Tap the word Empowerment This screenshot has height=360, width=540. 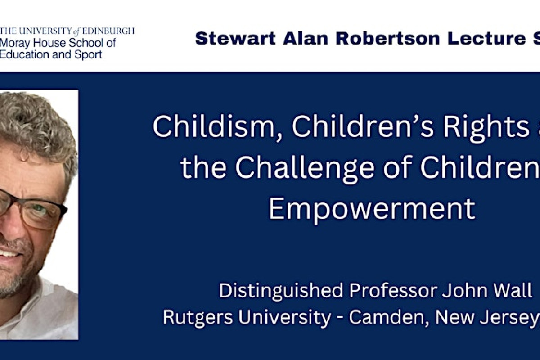372,208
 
